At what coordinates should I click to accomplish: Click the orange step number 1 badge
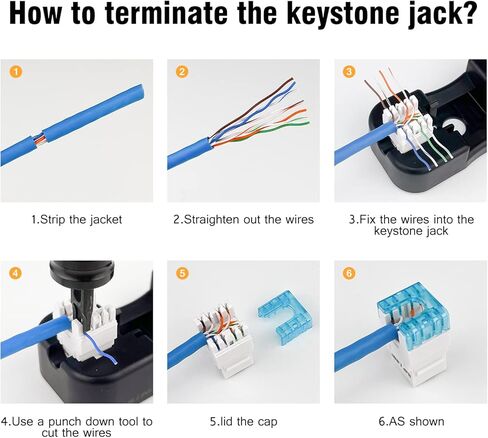[x=16, y=72]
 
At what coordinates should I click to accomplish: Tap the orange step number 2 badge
[x=182, y=72]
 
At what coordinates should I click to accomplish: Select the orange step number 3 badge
[x=349, y=72]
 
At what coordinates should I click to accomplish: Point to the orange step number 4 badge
[x=16, y=274]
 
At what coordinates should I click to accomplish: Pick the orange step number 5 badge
[x=182, y=274]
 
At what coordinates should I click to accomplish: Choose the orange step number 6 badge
[x=349, y=274]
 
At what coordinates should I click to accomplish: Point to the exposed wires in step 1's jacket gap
[x=39, y=139]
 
